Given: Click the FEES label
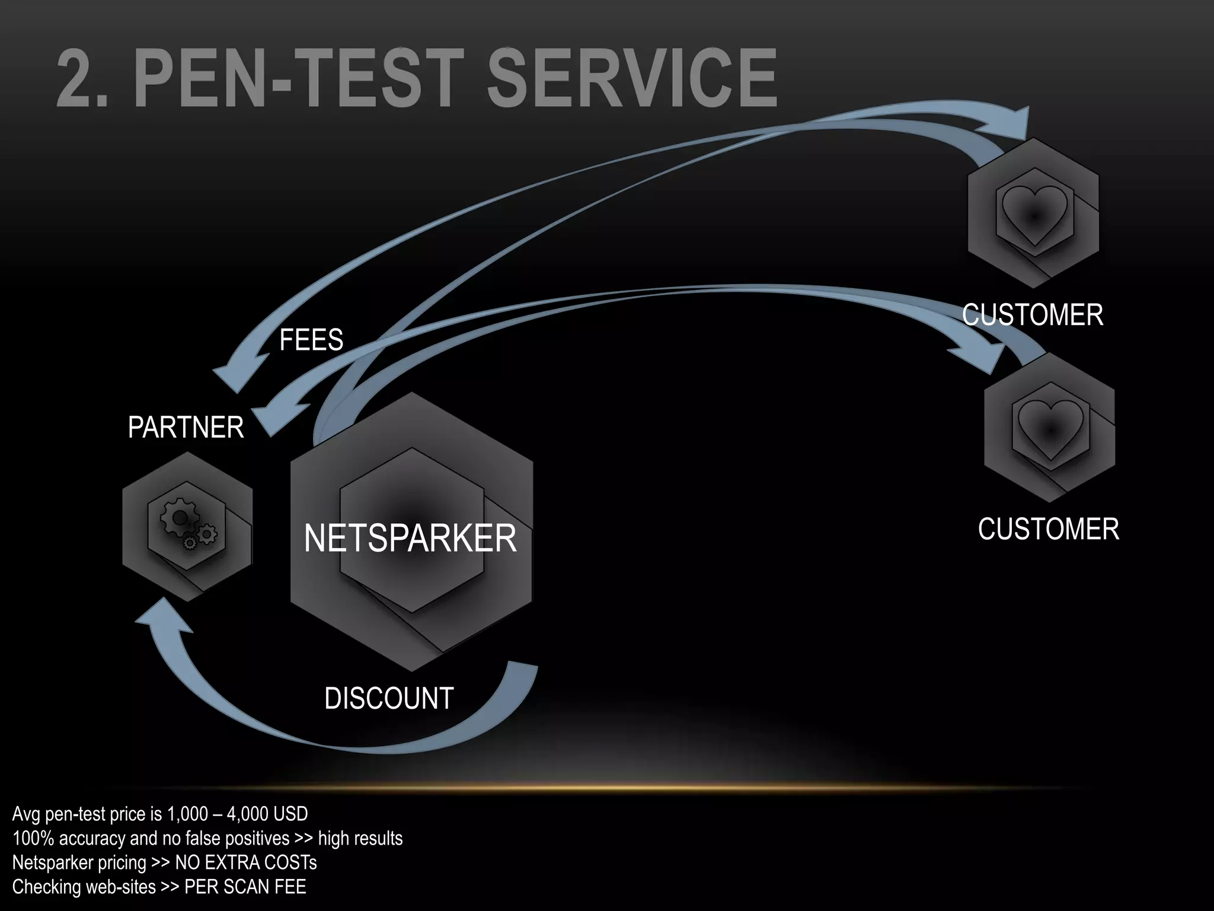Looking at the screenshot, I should coord(311,340).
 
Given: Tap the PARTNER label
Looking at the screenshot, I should coord(186,428).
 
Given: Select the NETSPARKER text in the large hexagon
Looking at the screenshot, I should coord(410,539).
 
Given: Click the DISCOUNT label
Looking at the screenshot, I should coord(389,698).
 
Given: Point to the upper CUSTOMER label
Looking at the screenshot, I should coord(1032,314).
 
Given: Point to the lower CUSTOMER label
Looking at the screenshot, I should coord(1048,529).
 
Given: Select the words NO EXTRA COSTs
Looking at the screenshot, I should coord(246,862).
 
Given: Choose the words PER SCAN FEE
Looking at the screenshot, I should coord(245,887).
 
